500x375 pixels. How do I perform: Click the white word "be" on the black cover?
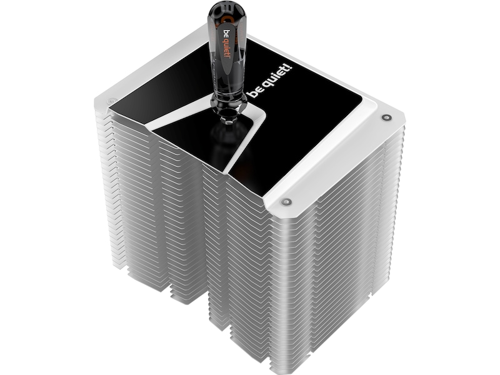254,92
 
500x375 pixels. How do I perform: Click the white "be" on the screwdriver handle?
227,34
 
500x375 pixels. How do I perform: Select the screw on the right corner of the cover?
386,117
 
